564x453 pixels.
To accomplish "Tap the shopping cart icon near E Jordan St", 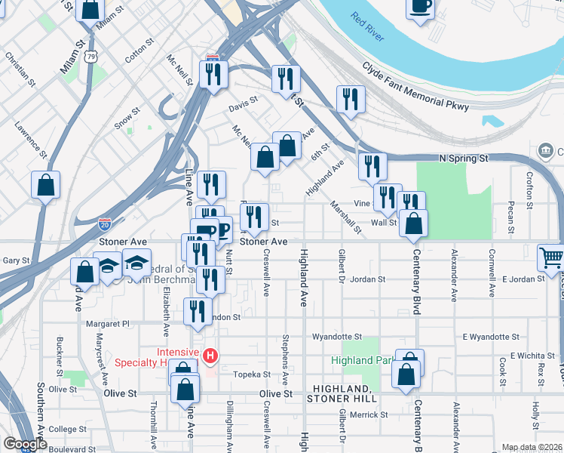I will click(551, 258).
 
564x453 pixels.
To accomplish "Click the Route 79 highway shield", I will click(91, 57).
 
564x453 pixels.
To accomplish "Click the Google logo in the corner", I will click(24, 443).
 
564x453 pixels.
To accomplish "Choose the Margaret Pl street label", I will click(108, 323).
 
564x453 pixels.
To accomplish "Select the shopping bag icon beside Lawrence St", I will click(46, 186).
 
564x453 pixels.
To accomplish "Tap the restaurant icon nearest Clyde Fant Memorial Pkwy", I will click(351, 100).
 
